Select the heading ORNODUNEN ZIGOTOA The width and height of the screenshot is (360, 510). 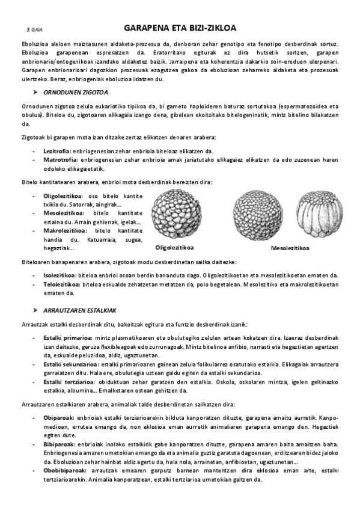(76, 92)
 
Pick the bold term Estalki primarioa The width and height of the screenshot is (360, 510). (69, 337)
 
